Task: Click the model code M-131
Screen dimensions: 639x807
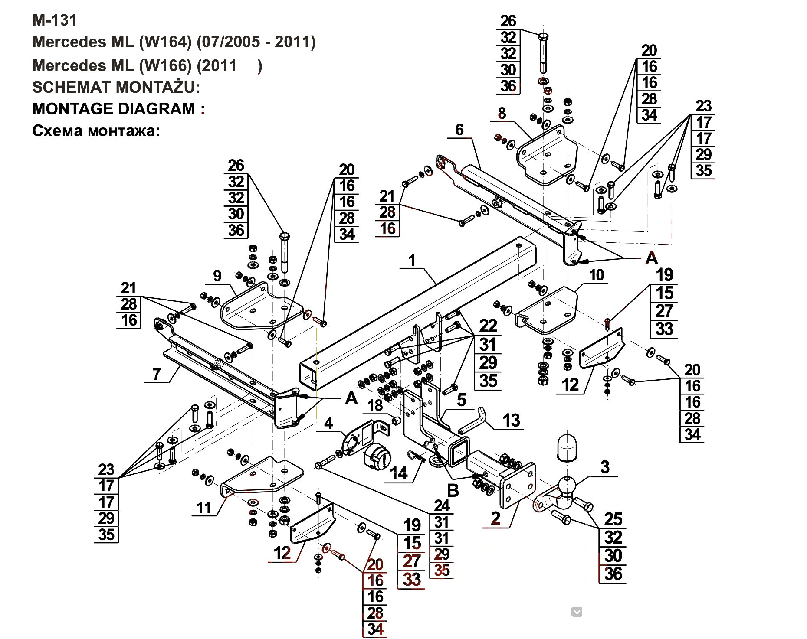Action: (x=55, y=20)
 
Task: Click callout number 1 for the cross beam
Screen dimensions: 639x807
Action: (x=412, y=260)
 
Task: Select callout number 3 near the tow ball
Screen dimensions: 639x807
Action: (x=605, y=467)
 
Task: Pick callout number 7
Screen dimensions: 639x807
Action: (x=157, y=374)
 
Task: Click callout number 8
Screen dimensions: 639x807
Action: (x=502, y=113)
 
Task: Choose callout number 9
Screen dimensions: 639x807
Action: (x=217, y=275)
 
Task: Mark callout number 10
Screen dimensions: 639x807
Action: (x=597, y=275)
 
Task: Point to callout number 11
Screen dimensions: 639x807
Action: (x=203, y=508)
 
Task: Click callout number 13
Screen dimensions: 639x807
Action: (x=511, y=420)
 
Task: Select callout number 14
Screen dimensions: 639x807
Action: (x=399, y=473)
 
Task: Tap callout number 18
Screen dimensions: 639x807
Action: (x=375, y=405)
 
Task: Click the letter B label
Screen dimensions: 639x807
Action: (x=453, y=490)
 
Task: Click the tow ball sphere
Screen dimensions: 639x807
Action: (x=567, y=485)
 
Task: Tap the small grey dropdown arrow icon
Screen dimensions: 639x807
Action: (x=577, y=612)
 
